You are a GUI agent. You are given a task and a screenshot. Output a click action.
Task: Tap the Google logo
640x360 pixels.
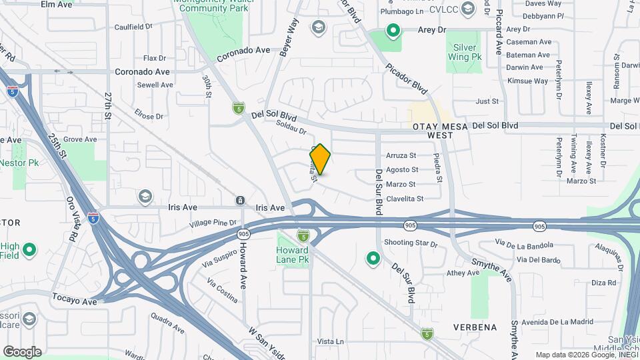tap(22, 351)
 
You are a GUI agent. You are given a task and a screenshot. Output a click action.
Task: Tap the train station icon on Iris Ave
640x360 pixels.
tap(240, 201)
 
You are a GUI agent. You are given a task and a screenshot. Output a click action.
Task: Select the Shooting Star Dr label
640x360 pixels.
tap(411, 243)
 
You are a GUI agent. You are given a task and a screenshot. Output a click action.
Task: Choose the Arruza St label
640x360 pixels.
tap(401, 155)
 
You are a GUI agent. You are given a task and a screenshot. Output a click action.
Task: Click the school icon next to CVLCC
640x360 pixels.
tap(468, 9)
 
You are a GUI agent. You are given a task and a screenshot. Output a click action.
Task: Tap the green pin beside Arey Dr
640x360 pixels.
tap(393, 30)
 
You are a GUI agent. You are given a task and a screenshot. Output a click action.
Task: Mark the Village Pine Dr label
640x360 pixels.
tap(213, 223)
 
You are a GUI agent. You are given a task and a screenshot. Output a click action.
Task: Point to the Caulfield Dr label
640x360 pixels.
tap(133, 27)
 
